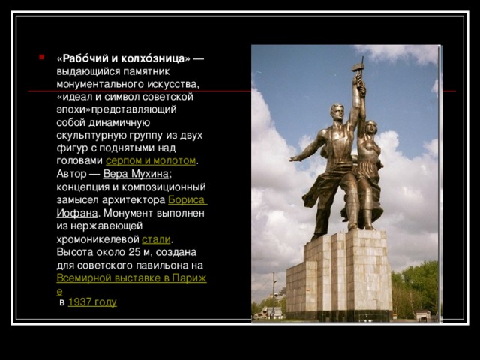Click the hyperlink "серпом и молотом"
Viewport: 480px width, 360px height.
click(x=151, y=161)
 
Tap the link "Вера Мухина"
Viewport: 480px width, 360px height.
click(x=136, y=174)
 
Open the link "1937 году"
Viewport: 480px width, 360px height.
click(x=91, y=301)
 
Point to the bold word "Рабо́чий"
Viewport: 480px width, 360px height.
click(x=82, y=58)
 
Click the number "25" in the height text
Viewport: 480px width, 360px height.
click(x=133, y=252)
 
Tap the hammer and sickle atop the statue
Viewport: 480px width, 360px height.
click(x=358, y=71)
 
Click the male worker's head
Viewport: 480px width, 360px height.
click(x=337, y=111)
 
